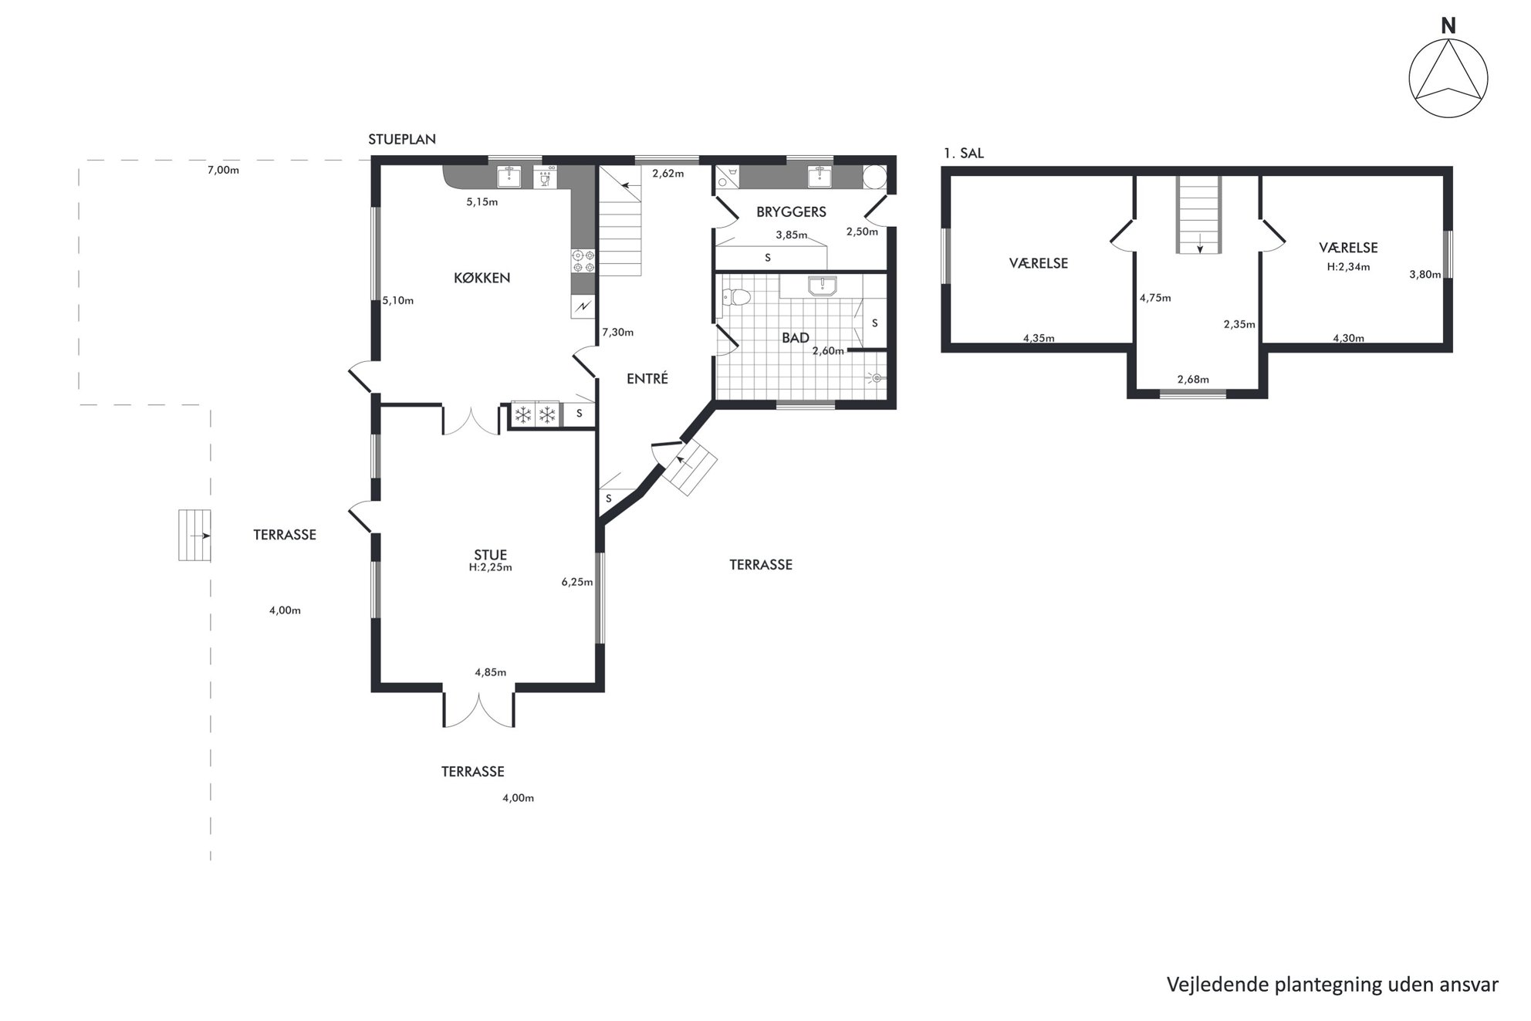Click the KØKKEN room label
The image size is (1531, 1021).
482,278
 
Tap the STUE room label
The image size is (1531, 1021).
490,555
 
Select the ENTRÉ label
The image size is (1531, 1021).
647,379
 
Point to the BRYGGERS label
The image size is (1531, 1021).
791,211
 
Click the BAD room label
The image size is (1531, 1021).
796,337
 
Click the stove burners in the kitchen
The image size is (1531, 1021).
583,261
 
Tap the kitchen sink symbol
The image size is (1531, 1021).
509,177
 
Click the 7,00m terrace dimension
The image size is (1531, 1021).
223,171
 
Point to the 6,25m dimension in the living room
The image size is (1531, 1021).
577,582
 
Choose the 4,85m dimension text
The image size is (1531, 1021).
490,672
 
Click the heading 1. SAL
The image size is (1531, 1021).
964,154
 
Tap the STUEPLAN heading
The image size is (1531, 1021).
402,140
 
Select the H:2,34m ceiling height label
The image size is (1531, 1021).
1348,267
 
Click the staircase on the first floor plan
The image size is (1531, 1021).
1199,215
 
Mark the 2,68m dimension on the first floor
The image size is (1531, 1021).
1193,379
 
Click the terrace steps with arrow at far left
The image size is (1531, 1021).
194,535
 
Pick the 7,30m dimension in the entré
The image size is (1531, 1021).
617,333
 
